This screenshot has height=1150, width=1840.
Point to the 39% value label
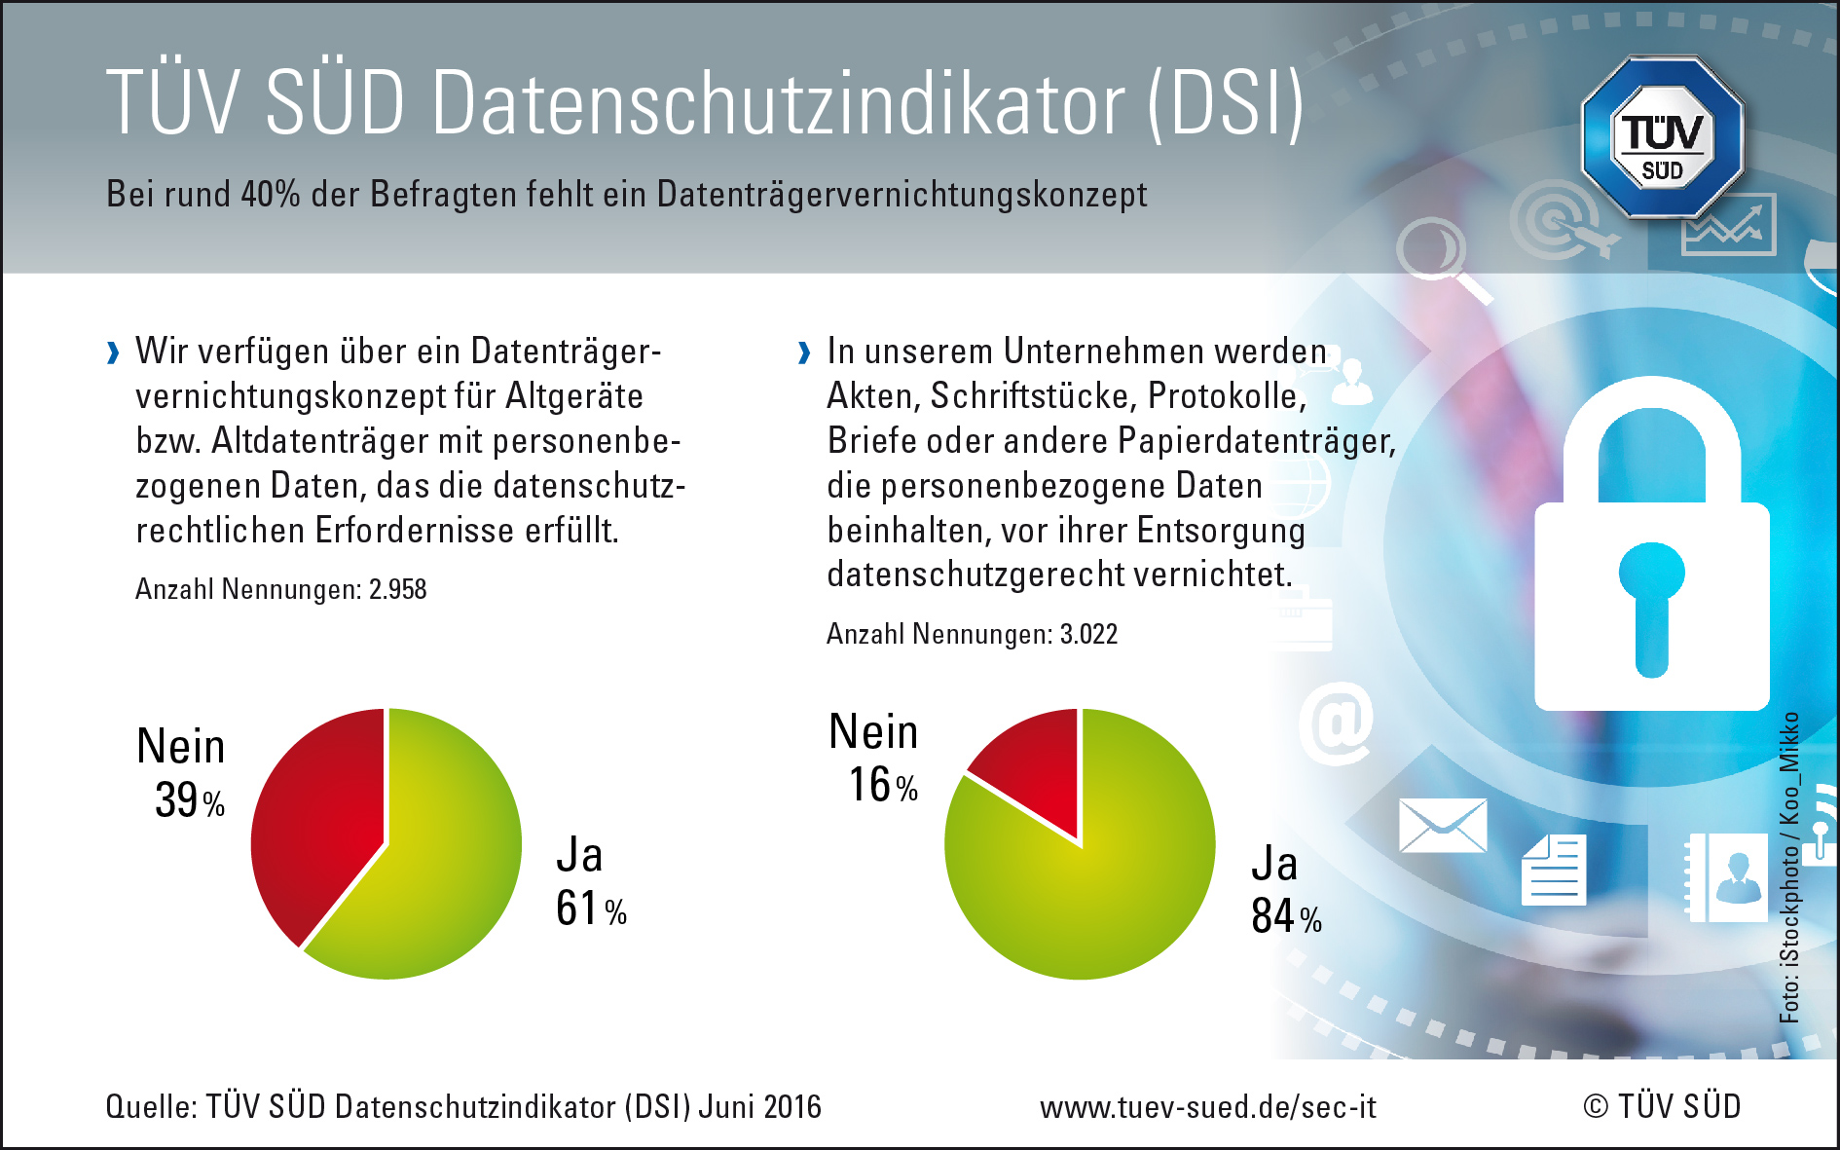[190, 800]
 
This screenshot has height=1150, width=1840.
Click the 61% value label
[591, 909]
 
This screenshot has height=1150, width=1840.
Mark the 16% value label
[883, 785]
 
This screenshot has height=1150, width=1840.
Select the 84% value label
[1286, 916]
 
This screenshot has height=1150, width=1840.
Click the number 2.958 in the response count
[397, 589]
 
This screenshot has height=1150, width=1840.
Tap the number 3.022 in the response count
[1088, 634]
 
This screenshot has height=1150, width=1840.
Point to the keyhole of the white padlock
[1651, 604]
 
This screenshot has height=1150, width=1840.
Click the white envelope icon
[1443, 826]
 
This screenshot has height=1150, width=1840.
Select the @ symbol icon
[1337, 723]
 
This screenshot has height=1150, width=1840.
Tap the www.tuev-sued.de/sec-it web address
[1208, 1107]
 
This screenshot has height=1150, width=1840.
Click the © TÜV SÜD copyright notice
[1662, 1107]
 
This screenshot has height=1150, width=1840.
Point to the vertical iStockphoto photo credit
[1789, 867]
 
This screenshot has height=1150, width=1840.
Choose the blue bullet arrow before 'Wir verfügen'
[114, 352]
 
